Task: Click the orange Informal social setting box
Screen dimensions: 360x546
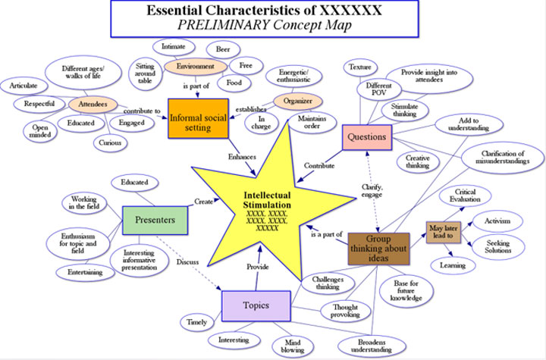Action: pyautogui.click(x=199, y=118)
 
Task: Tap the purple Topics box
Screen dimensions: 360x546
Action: pyautogui.click(x=256, y=305)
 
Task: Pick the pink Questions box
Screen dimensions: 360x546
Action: pyautogui.click(x=367, y=137)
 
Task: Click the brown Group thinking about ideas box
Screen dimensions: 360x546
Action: pyautogui.click(x=379, y=248)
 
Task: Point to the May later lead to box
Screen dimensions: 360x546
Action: pyautogui.click(x=444, y=231)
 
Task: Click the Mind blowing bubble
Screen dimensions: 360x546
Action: pyautogui.click(x=288, y=345)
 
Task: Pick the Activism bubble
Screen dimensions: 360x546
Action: pyautogui.click(x=497, y=221)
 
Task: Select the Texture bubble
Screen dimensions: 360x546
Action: pyautogui.click(x=359, y=67)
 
